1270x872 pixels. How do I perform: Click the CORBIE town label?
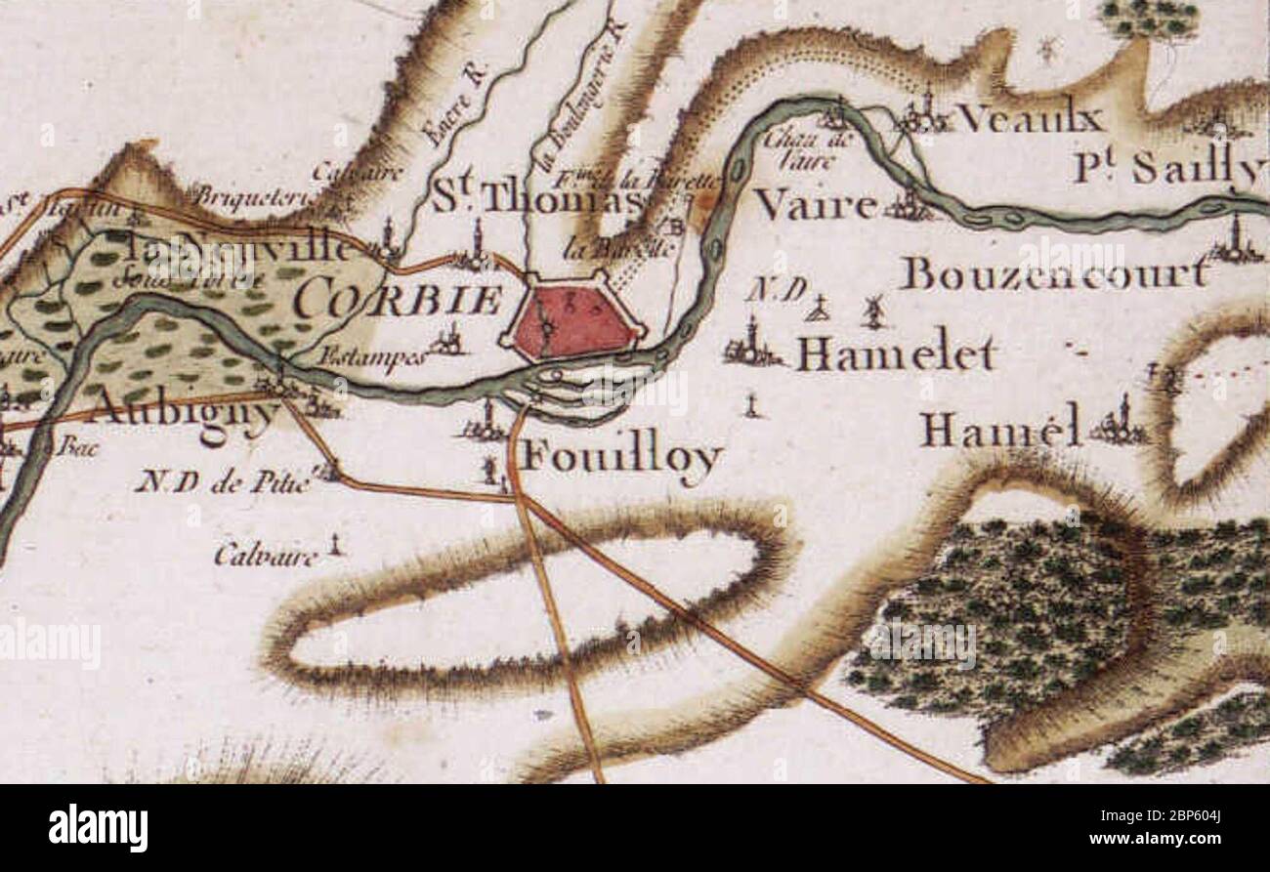[x=400, y=299]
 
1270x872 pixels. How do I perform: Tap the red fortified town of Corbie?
[x=571, y=319]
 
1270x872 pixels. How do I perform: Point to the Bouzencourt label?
[x=1053, y=274]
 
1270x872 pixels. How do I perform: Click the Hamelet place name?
[x=895, y=353]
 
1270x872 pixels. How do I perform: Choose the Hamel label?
[x=1000, y=429]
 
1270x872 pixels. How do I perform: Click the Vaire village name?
[x=817, y=206]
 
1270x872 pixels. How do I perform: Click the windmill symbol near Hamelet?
[x=873, y=311]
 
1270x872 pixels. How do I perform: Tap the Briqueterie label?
[x=253, y=196]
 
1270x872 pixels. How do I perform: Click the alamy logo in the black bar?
[x=98, y=828]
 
